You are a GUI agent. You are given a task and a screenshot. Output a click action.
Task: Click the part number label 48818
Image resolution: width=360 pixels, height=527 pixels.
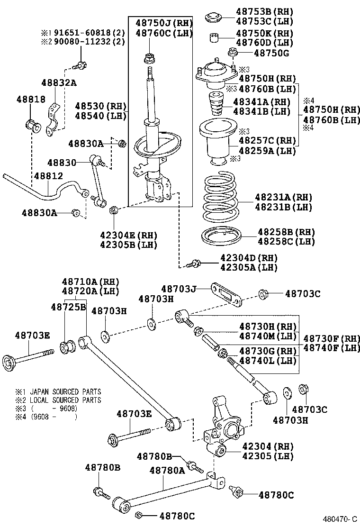[31, 100]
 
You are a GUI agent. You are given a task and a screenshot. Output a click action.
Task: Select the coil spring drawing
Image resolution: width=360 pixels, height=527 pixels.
[221, 198]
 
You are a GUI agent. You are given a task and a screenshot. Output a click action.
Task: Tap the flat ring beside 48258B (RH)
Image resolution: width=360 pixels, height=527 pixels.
[222, 236]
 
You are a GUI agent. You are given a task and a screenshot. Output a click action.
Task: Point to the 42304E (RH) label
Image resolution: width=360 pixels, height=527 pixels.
[128, 235]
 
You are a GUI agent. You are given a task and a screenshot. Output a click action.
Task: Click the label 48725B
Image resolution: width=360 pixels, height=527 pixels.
[68, 307]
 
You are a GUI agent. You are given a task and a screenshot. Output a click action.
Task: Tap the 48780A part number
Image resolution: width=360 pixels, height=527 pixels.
[167, 470]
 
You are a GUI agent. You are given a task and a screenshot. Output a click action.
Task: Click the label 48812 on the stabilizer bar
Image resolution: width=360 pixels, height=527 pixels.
[47, 176]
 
